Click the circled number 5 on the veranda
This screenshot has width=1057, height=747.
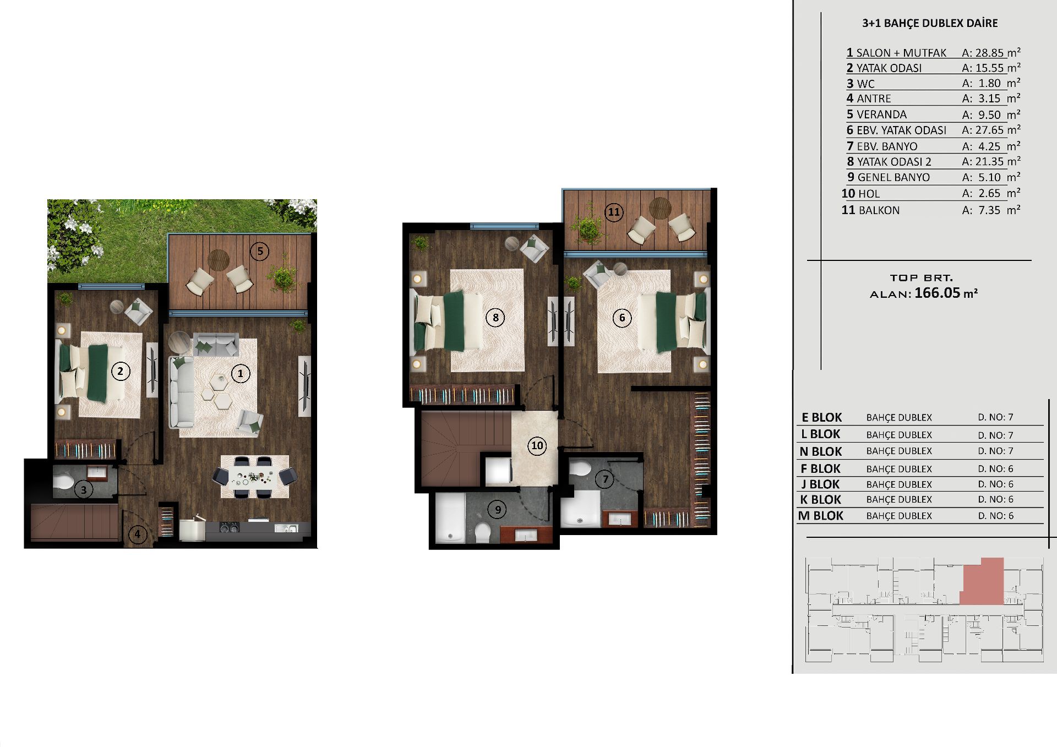click(x=259, y=252)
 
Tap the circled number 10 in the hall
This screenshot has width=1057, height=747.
click(x=537, y=446)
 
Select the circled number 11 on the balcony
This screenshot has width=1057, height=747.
click(x=614, y=212)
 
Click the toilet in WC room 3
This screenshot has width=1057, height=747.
click(x=63, y=482)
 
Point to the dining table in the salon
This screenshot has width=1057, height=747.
click(x=254, y=477)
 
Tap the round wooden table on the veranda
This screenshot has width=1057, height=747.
click(x=219, y=259)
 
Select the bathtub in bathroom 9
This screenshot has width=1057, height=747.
click(x=450, y=519)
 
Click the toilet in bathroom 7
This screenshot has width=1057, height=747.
click(x=579, y=469)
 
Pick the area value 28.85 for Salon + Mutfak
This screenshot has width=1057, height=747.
click(x=990, y=53)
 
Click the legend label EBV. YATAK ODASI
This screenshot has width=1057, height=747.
click(x=902, y=131)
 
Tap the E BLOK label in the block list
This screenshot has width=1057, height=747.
click(x=821, y=417)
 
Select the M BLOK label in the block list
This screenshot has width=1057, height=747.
click(x=820, y=516)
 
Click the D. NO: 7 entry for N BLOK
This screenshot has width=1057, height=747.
click(x=995, y=451)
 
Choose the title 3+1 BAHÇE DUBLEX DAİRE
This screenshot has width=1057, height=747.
click(x=930, y=23)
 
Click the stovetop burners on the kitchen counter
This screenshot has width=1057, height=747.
click(x=230, y=527)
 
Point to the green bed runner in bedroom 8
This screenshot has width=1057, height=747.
click(x=455, y=321)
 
